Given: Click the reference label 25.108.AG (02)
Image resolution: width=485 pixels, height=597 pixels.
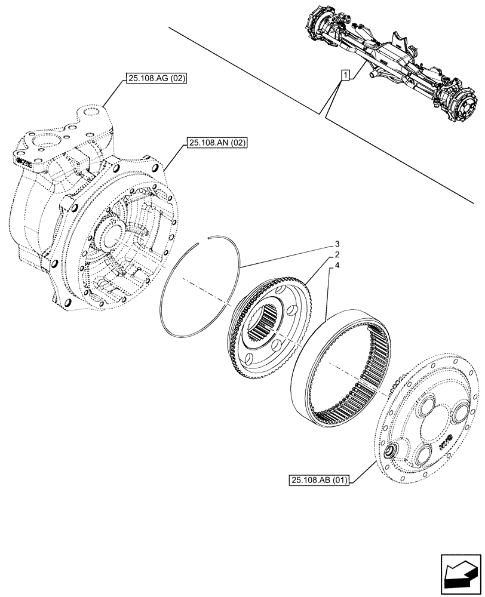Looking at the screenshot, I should click(x=156, y=78).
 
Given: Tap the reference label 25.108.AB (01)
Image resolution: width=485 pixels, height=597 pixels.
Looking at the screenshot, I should click(x=321, y=479).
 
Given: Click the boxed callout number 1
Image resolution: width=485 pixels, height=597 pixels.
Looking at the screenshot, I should click(x=345, y=75).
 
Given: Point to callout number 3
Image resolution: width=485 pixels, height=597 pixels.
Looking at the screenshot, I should click(x=337, y=244).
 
